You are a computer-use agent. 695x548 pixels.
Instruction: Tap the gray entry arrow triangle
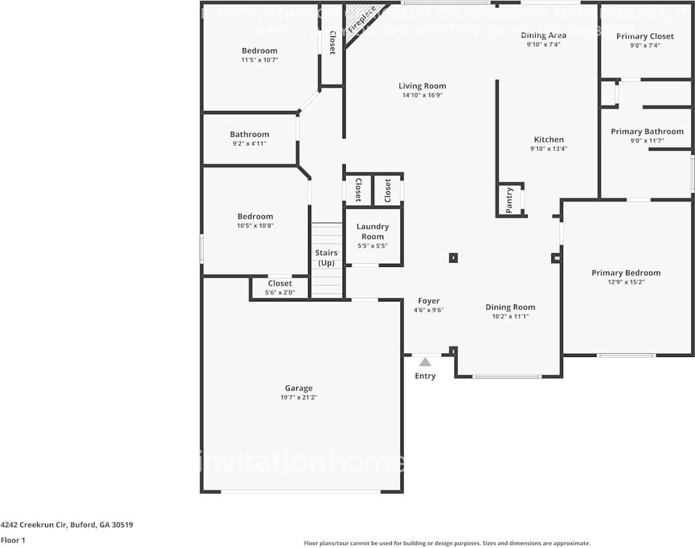click(425, 362)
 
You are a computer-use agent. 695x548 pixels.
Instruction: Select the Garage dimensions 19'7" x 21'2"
click(299, 398)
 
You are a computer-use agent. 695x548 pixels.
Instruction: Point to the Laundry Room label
click(373, 231)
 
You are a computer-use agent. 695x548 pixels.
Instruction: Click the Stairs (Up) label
click(326, 258)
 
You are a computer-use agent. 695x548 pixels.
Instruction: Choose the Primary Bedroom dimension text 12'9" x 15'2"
click(626, 282)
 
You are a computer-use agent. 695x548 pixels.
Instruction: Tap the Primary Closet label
click(645, 36)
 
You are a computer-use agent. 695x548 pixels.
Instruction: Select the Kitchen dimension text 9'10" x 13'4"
click(548, 149)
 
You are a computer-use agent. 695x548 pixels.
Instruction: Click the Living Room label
click(422, 86)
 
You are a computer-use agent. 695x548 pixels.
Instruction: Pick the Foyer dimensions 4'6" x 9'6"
click(428, 311)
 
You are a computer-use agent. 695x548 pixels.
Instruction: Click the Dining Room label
click(510, 307)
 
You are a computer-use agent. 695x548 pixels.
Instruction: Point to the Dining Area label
click(543, 35)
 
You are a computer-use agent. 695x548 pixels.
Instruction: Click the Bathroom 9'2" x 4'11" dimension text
click(250, 144)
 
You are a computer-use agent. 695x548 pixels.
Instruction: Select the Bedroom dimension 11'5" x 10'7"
click(259, 60)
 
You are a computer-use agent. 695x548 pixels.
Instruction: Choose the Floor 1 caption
click(13, 540)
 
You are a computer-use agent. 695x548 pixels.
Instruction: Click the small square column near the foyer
click(453, 258)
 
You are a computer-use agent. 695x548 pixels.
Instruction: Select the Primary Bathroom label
click(647, 131)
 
